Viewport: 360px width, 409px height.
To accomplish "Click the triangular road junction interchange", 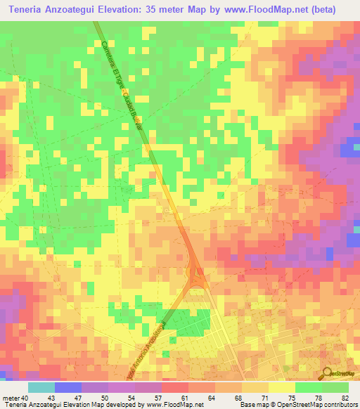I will coord(195,277).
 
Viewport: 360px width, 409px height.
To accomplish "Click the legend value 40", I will coord(25,398).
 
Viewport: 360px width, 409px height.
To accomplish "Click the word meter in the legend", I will coord(11,398).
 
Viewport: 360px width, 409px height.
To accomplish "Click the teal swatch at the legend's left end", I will coord(41,387).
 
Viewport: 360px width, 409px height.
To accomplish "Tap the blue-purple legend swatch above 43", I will coord(68,387).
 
